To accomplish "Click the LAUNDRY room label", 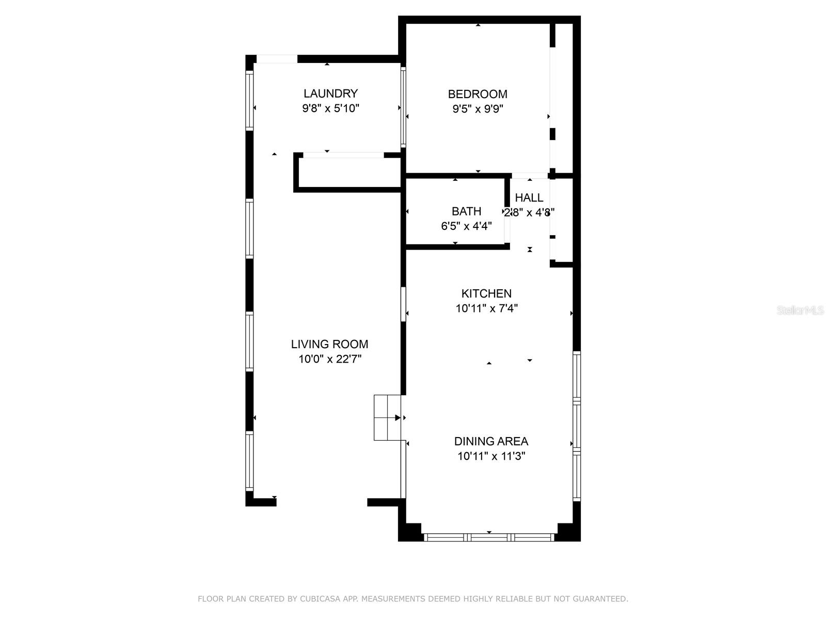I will click(x=330, y=94).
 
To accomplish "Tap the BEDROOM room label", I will click(x=478, y=94).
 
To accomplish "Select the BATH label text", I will click(x=466, y=211).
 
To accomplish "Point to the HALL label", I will click(x=529, y=197).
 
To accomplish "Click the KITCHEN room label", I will click(x=486, y=293).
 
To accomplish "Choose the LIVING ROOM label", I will click(x=329, y=344).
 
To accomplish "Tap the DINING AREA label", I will click(x=491, y=441).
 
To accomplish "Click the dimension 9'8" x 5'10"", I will click(x=330, y=109).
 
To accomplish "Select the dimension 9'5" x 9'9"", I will click(x=478, y=109).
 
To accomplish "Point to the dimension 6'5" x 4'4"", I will click(x=466, y=226).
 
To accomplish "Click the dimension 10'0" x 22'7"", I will click(x=329, y=359).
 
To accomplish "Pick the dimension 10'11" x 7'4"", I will click(x=486, y=308).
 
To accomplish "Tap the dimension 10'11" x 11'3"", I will click(x=491, y=456).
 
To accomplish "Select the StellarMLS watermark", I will click(x=800, y=311).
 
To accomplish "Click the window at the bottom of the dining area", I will click(x=489, y=537).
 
